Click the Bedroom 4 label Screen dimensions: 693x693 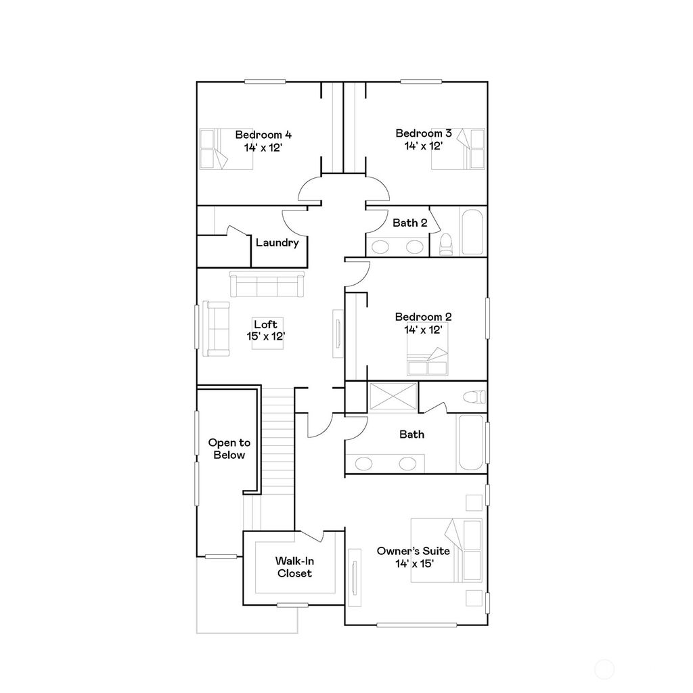tap(263, 134)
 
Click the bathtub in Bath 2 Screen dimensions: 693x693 tap(472, 232)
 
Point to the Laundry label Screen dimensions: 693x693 tap(277, 243)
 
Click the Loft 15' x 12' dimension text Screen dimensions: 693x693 tap(265, 336)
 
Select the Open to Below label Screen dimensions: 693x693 tap(229, 449)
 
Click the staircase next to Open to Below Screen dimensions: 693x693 tap(276, 433)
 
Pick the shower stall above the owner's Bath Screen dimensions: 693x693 tap(393, 396)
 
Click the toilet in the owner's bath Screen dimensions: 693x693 tap(475, 397)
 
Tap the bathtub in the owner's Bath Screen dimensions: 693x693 tap(471, 443)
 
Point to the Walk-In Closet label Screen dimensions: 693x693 tap(294, 567)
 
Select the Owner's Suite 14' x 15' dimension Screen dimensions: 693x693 tap(413, 563)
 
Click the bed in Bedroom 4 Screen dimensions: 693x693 tap(216, 148)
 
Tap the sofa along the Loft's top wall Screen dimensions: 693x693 tap(267, 284)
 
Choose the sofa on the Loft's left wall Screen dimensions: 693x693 tap(217, 328)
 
